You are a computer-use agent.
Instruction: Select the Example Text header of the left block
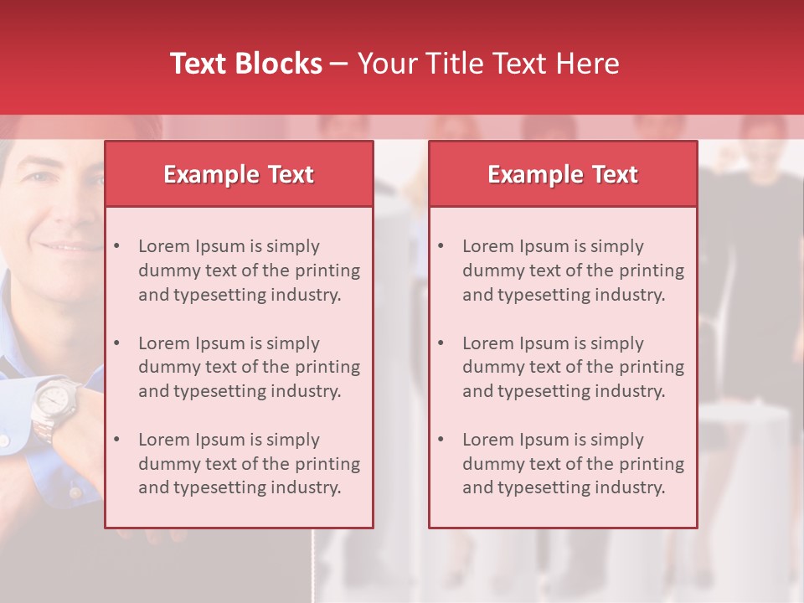tap(239, 174)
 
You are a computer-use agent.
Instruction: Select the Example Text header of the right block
tap(563, 174)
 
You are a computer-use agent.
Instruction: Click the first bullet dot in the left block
tap(117, 246)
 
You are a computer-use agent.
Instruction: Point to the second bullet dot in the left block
tap(117, 343)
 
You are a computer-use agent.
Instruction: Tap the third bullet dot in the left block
tap(117, 440)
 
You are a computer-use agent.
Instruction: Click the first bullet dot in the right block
tap(441, 246)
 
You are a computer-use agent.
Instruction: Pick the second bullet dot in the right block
tap(441, 343)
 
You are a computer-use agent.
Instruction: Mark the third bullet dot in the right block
tap(441, 440)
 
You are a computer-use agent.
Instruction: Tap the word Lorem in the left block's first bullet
tap(164, 246)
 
